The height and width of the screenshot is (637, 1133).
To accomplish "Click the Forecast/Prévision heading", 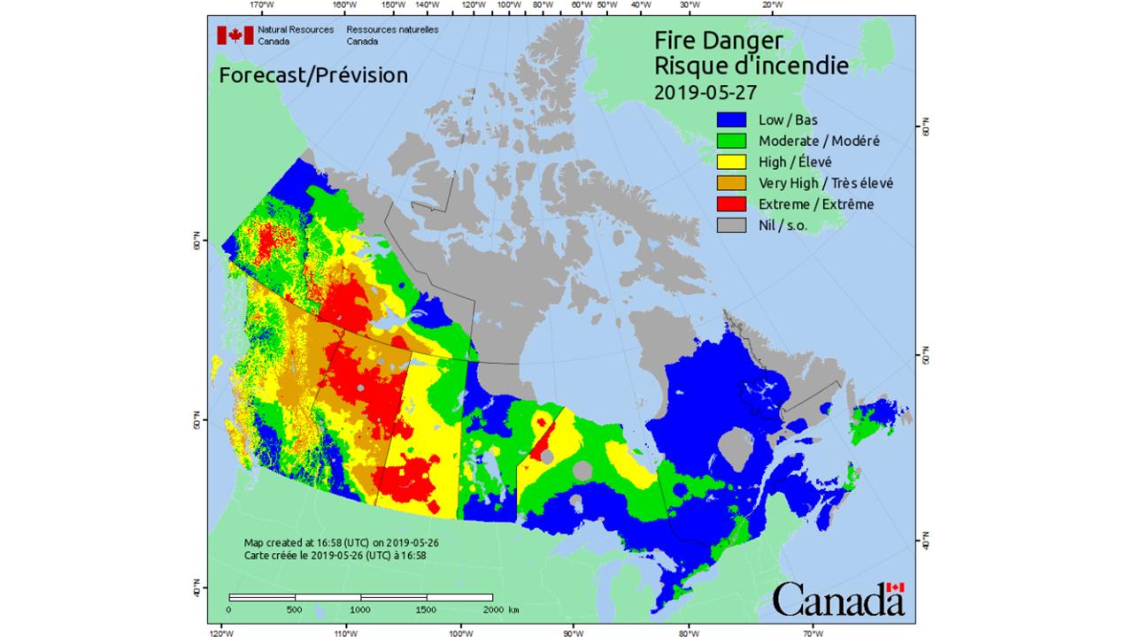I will click(x=313, y=75).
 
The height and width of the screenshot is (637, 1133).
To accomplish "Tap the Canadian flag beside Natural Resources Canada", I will click(x=235, y=35).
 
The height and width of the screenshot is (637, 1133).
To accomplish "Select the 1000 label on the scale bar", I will click(x=360, y=610).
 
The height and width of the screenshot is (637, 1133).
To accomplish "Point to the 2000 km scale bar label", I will click(x=500, y=610).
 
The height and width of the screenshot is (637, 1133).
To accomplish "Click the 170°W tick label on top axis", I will click(x=260, y=5).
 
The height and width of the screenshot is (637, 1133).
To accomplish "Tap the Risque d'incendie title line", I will click(x=751, y=65).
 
